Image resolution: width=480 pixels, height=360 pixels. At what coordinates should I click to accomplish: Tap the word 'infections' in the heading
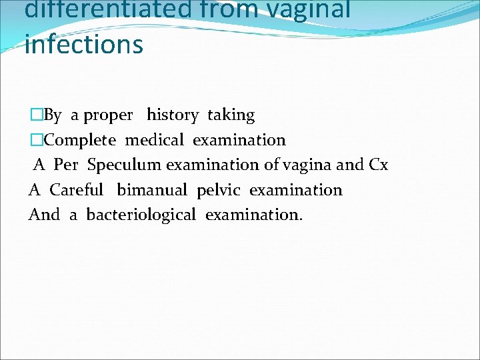coord(83,44)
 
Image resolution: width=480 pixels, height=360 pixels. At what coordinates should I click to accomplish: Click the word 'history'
coord(172,115)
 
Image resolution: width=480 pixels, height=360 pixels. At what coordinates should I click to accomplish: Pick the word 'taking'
coord(231,115)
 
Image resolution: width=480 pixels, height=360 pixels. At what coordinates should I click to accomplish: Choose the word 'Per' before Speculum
coord(66,165)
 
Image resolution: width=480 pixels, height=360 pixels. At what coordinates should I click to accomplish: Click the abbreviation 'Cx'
coord(378,165)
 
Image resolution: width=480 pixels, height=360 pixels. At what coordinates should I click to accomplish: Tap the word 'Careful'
coord(77,190)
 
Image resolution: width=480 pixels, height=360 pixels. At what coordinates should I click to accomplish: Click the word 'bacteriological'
coord(141,215)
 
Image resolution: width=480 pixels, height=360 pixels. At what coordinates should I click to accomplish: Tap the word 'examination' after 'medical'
coord(239,140)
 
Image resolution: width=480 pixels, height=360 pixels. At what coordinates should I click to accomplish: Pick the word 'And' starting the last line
coord(44,215)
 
